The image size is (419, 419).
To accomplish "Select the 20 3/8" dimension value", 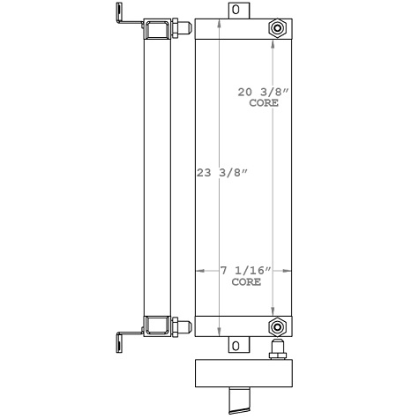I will (264, 92).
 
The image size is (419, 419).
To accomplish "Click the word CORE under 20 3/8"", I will (265, 102).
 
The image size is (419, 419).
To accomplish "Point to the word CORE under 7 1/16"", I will (246, 283).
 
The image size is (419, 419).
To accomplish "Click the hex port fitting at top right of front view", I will (279, 29).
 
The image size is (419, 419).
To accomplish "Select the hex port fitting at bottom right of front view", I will (279, 325).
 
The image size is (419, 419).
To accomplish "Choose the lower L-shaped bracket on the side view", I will (123, 335).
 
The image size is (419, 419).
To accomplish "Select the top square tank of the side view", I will (158, 28).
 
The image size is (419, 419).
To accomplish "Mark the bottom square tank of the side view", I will (158, 325).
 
